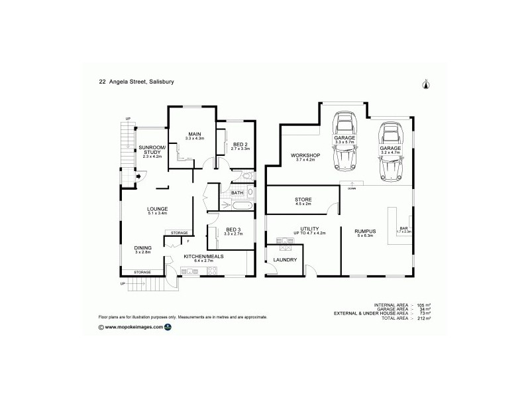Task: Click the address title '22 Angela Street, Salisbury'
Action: pos(137,82)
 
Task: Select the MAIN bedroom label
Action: pos(195,135)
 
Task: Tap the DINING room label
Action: pos(143,249)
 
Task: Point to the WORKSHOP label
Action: pos(305,157)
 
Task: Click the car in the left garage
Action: pos(344,141)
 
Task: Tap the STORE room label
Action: pos(303,200)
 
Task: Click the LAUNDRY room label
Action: pos(284,261)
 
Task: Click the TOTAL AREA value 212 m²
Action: pos(423,318)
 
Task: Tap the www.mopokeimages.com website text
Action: pos(133,327)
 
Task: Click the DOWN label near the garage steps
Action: pos(352,188)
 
